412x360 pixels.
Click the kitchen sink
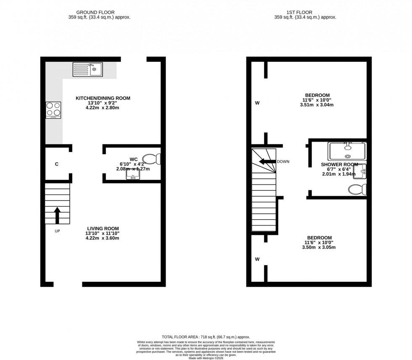[87, 69]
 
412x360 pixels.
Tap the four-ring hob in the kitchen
[53, 110]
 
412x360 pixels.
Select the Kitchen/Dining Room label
[103, 98]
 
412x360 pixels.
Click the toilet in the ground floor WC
[152, 159]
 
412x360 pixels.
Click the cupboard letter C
[57, 164]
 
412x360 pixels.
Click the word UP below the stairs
[57, 231]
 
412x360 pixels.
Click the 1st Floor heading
[305, 13]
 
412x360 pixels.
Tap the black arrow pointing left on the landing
[266, 162]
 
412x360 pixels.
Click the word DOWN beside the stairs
[283, 162]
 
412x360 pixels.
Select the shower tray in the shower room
[347, 151]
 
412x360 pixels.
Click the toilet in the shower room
[358, 189]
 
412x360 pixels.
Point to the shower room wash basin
[362, 170]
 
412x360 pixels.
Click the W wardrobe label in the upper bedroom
[256, 103]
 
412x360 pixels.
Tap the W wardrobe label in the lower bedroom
[256, 259]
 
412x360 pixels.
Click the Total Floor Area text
[206, 337]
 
